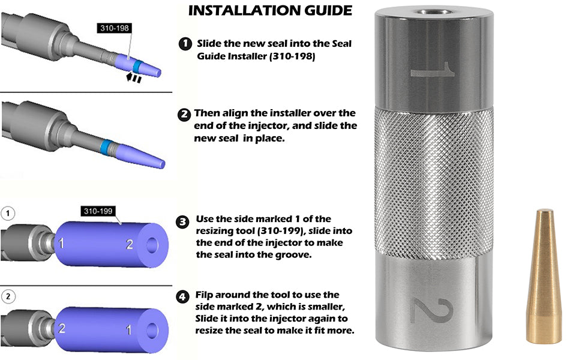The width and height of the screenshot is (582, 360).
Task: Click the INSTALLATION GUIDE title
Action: tap(270, 10)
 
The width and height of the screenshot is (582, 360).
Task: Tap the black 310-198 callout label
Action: tap(115, 28)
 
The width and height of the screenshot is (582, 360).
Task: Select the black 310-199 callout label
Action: tap(98, 211)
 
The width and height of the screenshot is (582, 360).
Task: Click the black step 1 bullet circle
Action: tap(185, 44)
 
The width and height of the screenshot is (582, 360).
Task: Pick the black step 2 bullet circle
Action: tap(184, 115)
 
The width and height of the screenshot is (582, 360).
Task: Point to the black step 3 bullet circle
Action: tap(182, 223)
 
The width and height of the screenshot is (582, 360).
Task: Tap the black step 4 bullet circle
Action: tap(182, 297)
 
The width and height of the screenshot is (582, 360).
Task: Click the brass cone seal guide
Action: tap(544, 276)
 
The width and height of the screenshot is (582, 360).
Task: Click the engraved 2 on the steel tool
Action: tap(433, 310)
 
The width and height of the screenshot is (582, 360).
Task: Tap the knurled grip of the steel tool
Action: tap(434, 182)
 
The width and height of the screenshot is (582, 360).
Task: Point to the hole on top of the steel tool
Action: tap(434, 12)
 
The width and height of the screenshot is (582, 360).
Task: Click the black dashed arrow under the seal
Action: tap(134, 78)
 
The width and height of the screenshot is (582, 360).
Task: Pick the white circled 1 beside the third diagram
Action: tap(8, 214)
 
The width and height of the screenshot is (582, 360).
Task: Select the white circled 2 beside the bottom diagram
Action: tap(8, 296)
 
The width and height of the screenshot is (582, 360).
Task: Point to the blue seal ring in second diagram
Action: tap(106, 147)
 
